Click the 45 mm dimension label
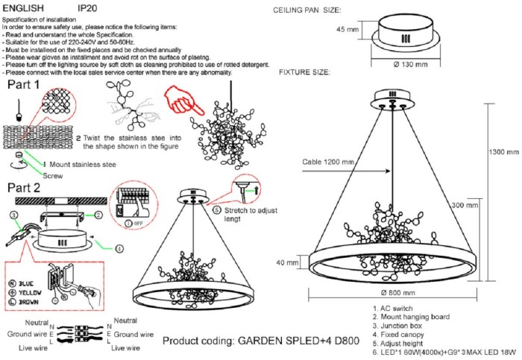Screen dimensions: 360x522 [347, 29]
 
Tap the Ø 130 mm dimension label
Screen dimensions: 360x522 [410, 64]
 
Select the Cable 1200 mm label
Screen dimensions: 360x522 [329, 162]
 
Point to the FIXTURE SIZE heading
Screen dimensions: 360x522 [305, 72]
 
